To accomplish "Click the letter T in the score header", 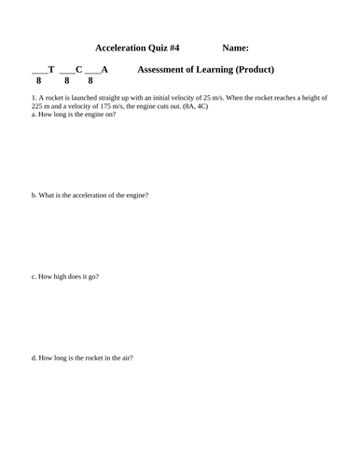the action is click(51, 69).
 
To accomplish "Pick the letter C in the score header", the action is click(79, 69).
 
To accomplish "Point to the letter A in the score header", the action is click(104, 69).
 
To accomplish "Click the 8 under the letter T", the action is click(38, 81).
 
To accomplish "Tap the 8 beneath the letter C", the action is click(67, 81).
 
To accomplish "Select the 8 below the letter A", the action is click(91, 81).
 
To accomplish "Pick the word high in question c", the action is click(59, 277).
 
